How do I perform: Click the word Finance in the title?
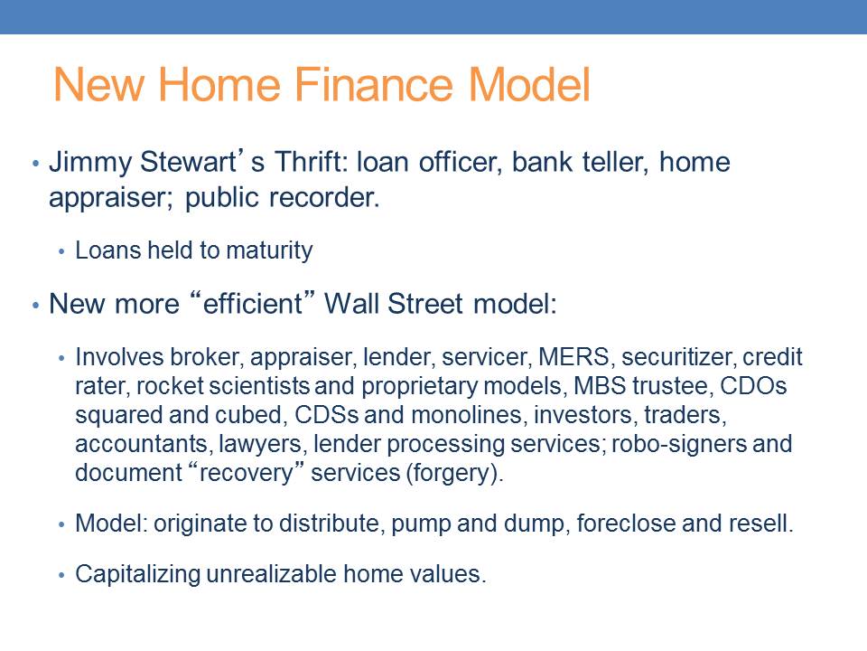(373, 85)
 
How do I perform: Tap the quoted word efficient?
(252, 304)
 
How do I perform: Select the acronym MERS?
(574, 357)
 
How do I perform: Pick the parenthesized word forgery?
(452, 473)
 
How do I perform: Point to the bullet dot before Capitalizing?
(61, 575)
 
